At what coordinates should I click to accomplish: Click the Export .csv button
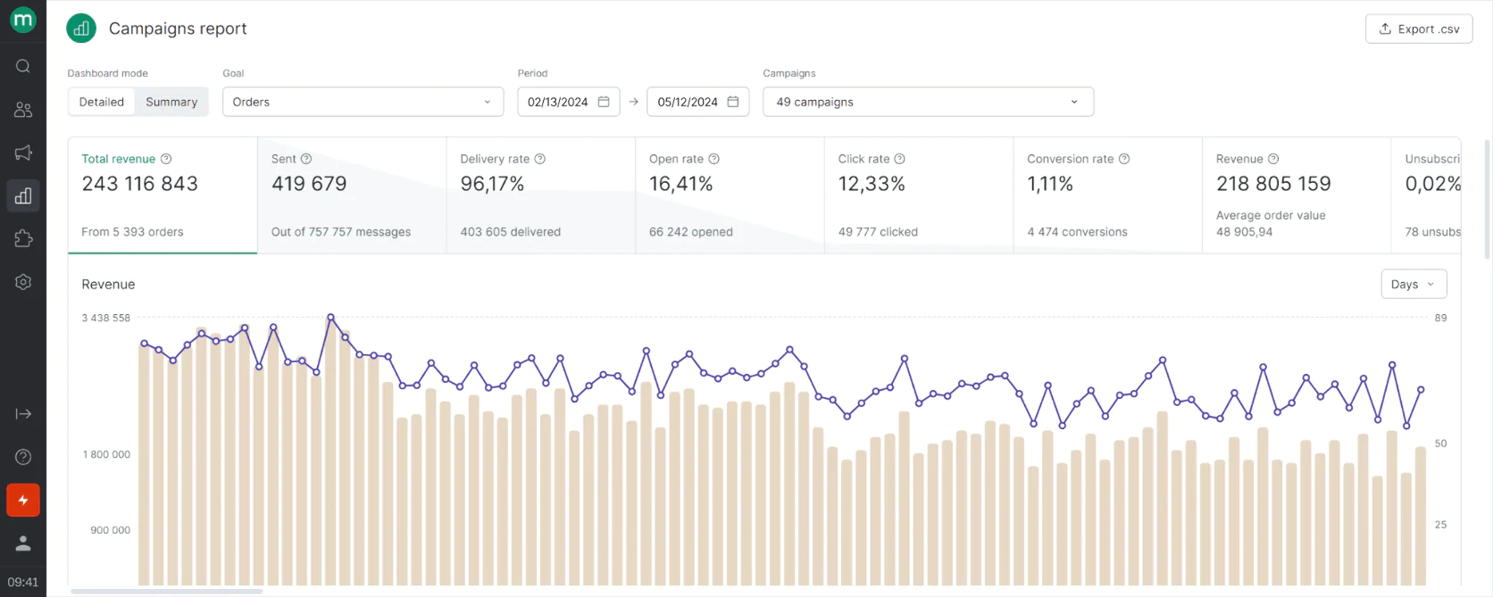[1418, 29]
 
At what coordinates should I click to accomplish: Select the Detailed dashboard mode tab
[101, 102]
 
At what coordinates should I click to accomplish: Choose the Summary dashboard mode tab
[171, 102]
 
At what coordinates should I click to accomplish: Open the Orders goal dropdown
[363, 102]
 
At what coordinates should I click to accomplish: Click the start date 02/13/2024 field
[568, 102]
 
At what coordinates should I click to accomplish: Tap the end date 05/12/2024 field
[697, 102]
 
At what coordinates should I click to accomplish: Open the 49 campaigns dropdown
[928, 102]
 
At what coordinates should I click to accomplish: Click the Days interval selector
[1413, 285]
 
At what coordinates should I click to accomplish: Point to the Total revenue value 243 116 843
[140, 184]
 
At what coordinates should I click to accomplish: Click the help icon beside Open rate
[713, 159]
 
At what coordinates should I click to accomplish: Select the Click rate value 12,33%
[872, 184]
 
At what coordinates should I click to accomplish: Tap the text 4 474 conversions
[1077, 232]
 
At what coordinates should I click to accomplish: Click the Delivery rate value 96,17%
[492, 184]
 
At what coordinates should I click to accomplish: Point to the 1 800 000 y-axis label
[106, 454]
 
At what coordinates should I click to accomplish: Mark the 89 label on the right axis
[1440, 318]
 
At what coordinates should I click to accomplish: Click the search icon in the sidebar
[23, 66]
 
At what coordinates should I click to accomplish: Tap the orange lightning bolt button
[23, 501]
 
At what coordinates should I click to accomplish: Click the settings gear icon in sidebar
[23, 282]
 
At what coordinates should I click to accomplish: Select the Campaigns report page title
[178, 29]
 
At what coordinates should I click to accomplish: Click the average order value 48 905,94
[1244, 232]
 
